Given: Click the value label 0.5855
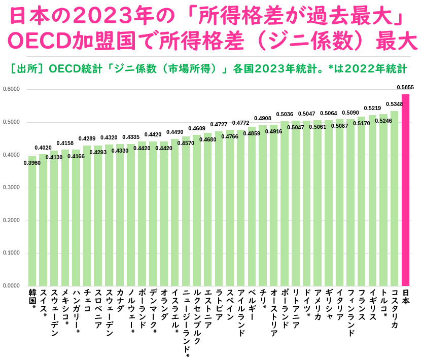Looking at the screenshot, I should tap(405, 87).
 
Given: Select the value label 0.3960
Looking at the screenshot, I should tap(32, 163).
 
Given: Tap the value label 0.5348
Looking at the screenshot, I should tap(394, 104).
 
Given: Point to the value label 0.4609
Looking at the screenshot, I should tap(197, 128).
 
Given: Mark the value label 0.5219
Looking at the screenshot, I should tap(372, 108).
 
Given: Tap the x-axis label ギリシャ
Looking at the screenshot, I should tap(329, 305).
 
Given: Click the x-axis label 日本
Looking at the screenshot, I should tap(405, 297).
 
